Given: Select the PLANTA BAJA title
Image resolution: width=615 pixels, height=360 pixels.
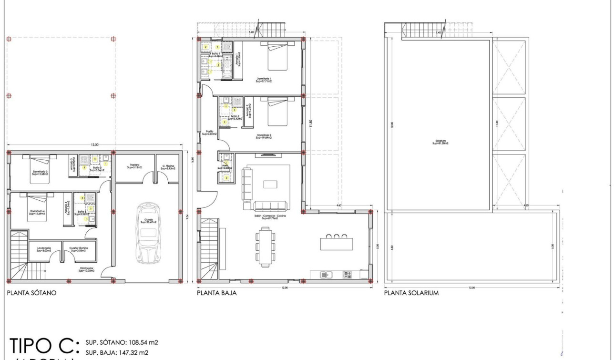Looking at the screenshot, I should [217, 293].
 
